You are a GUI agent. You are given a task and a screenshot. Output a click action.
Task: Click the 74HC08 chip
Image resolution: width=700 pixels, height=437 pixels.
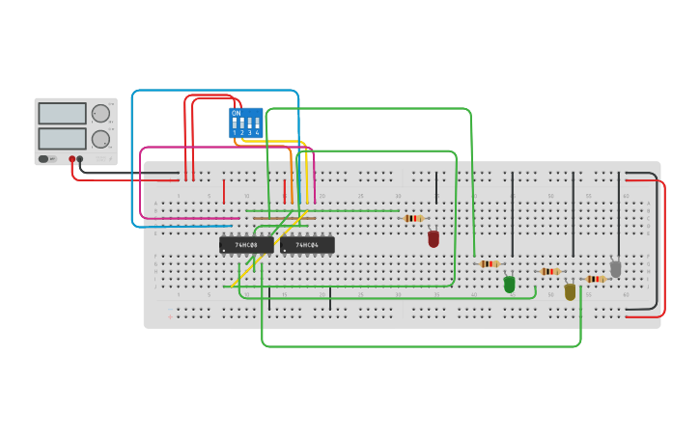click(x=246, y=245)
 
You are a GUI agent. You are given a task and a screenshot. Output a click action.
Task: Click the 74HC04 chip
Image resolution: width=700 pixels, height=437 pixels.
click(x=307, y=245)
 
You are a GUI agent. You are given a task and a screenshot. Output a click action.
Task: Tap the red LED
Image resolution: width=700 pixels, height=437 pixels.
click(x=434, y=238)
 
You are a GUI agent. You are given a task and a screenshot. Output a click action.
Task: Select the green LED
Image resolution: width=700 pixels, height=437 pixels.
click(x=510, y=285)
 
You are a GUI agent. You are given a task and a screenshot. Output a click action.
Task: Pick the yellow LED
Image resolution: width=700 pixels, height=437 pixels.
click(x=570, y=291)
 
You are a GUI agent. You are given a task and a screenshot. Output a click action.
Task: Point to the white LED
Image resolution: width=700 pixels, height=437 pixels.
click(x=615, y=269)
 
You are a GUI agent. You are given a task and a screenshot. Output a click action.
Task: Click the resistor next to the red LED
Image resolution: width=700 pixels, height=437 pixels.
click(x=413, y=218)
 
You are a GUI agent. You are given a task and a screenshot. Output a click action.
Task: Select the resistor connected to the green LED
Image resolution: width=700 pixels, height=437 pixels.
click(x=489, y=263)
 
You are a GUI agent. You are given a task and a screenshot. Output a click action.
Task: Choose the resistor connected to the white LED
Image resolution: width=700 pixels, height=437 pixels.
click(x=595, y=279)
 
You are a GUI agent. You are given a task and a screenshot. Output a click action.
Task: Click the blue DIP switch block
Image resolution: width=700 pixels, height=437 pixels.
click(x=245, y=123)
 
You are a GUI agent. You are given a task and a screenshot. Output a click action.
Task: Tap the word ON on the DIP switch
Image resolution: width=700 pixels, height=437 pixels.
click(x=236, y=113)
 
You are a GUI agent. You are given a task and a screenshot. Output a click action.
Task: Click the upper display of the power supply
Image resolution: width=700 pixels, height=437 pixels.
click(x=62, y=113)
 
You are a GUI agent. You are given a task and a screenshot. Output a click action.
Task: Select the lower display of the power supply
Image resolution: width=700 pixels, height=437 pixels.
click(x=62, y=138)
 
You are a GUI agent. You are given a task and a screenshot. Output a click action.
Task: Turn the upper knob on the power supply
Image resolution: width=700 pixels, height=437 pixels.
click(x=100, y=113)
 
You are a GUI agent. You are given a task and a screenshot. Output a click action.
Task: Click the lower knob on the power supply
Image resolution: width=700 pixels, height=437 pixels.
click(x=100, y=139)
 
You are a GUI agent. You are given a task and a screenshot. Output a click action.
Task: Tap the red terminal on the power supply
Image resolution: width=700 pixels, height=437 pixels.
click(x=71, y=159)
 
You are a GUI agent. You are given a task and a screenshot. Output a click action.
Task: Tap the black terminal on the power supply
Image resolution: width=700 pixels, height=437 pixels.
click(x=80, y=159)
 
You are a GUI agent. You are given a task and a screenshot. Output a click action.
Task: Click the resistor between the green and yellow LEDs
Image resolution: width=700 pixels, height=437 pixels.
click(x=549, y=271)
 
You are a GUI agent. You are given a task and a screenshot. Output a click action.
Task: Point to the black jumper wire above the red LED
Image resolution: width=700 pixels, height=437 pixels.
click(x=435, y=185)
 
